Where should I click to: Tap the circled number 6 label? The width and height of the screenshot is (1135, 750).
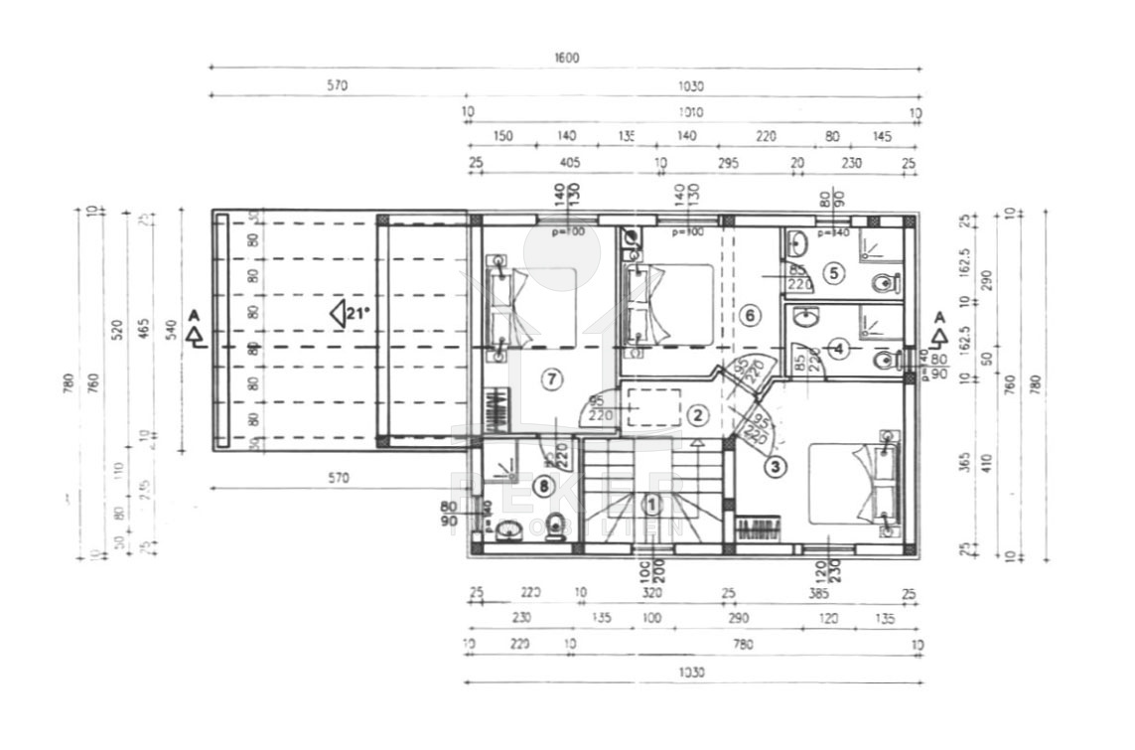751,316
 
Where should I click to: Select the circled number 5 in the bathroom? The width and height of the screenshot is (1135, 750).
833,270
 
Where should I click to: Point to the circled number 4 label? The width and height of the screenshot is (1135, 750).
839,349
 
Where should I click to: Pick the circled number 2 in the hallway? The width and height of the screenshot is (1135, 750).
698,415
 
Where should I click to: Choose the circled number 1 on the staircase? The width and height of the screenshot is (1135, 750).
652,505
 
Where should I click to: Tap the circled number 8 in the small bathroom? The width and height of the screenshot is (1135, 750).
542,486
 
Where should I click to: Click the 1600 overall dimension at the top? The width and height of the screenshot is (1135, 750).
566,58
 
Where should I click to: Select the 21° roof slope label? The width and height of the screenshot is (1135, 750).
351,314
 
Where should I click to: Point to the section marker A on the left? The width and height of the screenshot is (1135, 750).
195,328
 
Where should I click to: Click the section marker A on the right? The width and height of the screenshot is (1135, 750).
938,329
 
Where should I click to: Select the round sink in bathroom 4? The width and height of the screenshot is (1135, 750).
806,320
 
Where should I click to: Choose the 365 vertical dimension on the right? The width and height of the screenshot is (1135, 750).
964,461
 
